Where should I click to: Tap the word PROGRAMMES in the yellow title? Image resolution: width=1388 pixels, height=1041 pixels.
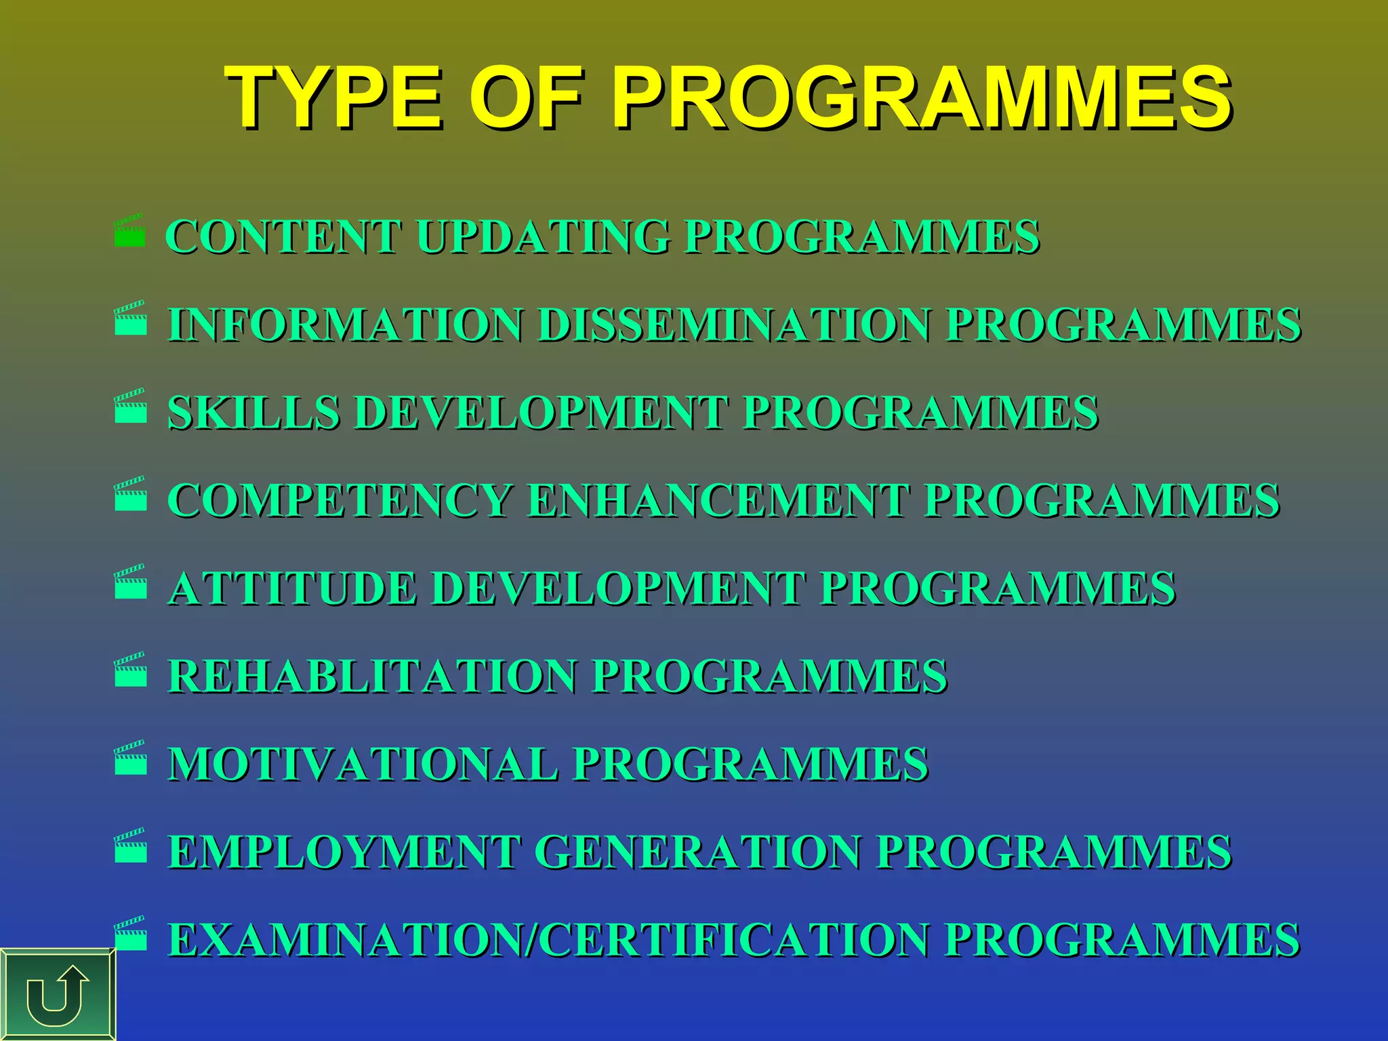point(921,98)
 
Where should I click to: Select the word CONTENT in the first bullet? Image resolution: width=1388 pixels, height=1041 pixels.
point(284,237)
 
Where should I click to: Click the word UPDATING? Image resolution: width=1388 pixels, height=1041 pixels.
point(543,237)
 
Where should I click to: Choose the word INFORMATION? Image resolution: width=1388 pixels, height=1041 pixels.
point(346,325)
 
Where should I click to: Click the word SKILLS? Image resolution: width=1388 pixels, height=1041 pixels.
point(253,413)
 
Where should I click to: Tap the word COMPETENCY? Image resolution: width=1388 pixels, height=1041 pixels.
point(340,501)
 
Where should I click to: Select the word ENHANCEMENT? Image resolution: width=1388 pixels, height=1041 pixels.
point(718,501)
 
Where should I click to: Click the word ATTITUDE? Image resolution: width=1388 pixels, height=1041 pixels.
point(292,588)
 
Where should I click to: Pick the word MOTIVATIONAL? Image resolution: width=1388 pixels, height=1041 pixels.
point(363,764)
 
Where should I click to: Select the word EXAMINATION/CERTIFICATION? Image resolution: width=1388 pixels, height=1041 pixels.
point(548,940)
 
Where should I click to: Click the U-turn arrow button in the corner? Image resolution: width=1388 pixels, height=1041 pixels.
point(58,995)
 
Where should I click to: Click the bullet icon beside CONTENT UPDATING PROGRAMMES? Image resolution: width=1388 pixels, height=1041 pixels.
point(130,231)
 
